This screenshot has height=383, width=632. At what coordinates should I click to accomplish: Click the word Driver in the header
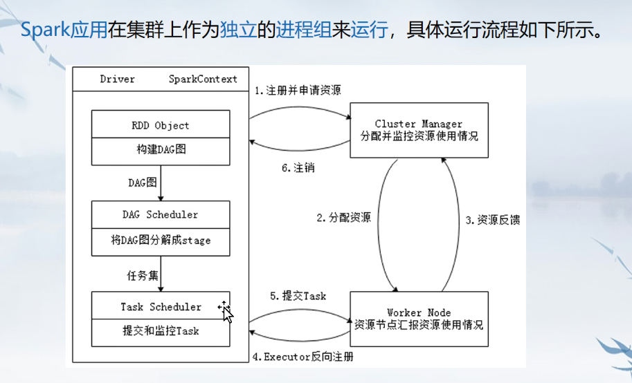117,79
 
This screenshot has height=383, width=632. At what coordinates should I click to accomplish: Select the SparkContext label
203,79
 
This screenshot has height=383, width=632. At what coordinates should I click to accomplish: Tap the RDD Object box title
161,126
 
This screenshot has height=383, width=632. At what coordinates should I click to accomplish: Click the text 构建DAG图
161,149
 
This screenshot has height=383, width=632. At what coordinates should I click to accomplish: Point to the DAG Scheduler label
161,214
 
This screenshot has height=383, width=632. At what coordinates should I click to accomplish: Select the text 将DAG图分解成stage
161,241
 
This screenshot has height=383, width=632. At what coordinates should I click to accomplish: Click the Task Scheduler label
161,306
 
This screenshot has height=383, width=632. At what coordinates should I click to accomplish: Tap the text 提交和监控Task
161,330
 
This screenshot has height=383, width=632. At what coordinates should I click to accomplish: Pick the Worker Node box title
419,312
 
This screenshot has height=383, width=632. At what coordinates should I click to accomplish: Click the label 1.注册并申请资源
297,91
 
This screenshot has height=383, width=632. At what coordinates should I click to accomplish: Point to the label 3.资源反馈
492,221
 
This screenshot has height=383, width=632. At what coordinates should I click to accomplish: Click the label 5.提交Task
298,296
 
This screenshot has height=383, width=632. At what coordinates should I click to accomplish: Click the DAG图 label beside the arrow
143,182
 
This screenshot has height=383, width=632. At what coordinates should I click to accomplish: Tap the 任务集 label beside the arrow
143,275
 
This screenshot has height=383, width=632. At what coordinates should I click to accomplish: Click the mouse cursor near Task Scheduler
226,311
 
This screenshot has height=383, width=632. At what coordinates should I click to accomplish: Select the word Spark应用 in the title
64,30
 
